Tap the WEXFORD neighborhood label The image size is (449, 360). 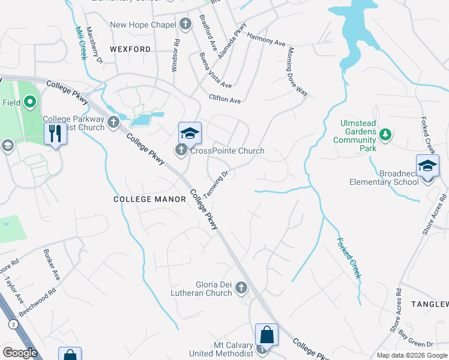tap(130, 49)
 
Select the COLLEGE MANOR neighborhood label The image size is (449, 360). tap(150, 199)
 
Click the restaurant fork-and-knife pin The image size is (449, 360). tap(55, 133)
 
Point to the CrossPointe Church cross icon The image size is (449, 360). tap(181, 151)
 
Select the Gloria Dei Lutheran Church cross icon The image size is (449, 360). tap(241, 289)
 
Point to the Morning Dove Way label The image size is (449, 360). tap(298, 71)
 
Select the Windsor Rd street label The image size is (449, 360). tap(176, 56)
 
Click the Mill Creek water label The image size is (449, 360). tap(80, 43)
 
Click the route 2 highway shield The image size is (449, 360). tap(13, 324)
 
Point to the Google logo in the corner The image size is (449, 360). tap(20, 352)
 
